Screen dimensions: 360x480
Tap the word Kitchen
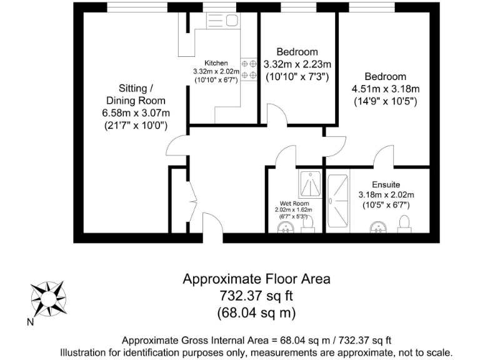coord(216,63)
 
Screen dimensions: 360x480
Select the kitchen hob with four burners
coord(249,69)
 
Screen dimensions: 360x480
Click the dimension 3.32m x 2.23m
coord(297,64)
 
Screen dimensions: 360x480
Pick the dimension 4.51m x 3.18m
coord(386,88)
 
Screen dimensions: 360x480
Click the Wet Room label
coord(293,204)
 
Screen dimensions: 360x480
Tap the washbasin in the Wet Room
coord(286,227)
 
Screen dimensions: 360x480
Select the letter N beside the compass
coord(29,322)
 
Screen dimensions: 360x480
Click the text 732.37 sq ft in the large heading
coord(256,295)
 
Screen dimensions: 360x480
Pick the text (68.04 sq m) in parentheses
coord(256,311)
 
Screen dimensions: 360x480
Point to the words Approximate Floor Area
coord(256,279)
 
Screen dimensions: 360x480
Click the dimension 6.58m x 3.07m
coord(136,112)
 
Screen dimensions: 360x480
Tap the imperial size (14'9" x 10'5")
coord(386,101)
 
